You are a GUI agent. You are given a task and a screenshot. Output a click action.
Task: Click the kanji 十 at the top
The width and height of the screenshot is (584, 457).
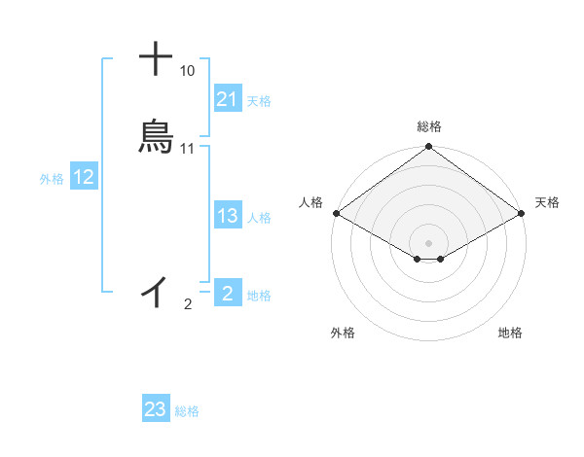pyautogui.click(x=157, y=58)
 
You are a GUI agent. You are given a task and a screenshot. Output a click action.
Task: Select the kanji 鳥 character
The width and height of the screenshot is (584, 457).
pyautogui.click(x=156, y=137)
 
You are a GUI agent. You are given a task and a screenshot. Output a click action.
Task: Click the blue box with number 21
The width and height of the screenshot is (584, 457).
pyautogui.click(x=228, y=99)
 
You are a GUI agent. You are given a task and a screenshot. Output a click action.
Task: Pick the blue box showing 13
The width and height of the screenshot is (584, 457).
pyautogui.click(x=228, y=217)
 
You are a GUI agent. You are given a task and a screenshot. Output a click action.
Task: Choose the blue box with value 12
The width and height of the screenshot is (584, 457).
pyautogui.click(x=84, y=178)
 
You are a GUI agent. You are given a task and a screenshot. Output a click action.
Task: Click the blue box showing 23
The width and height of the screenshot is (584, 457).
pyautogui.click(x=156, y=410)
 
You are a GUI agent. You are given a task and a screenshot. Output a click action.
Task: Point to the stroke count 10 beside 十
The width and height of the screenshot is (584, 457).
pyautogui.click(x=187, y=71)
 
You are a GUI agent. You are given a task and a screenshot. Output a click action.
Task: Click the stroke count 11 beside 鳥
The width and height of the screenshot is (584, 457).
pyautogui.click(x=188, y=149)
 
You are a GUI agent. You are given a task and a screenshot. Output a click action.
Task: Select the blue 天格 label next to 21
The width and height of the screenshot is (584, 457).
pyautogui.click(x=259, y=100)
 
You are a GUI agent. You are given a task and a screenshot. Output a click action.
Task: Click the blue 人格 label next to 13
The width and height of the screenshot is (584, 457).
pyautogui.click(x=259, y=218)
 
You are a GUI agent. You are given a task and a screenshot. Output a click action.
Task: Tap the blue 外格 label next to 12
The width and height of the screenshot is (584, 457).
pyautogui.click(x=52, y=179)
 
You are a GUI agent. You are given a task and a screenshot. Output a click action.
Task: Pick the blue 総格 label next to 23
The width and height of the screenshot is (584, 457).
pyautogui.click(x=187, y=411)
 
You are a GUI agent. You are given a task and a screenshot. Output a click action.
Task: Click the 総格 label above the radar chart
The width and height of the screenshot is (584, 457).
pyautogui.click(x=429, y=126)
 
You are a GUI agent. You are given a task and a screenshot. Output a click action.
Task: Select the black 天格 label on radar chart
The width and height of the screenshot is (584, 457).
pyautogui.click(x=547, y=202)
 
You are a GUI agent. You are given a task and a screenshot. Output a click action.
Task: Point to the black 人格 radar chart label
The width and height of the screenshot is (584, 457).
pyautogui.click(x=310, y=202)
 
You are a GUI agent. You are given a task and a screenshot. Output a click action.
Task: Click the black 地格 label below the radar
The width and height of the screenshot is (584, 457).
pyautogui.click(x=510, y=333)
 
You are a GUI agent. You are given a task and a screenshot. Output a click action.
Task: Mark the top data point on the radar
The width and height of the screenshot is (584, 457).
pyautogui.click(x=428, y=148)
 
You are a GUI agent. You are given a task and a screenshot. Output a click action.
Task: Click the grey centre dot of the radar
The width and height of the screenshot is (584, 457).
pyautogui.click(x=428, y=242)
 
